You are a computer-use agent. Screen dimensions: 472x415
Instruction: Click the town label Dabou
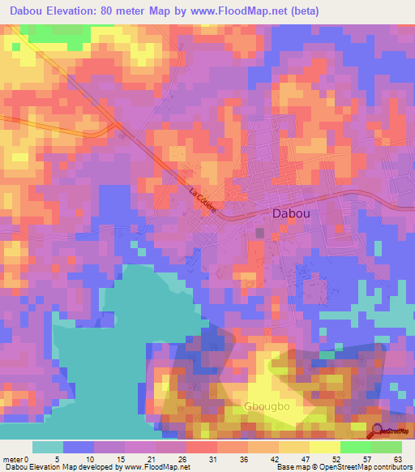click(289, 213)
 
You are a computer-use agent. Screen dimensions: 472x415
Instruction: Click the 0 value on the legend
click(33, 458)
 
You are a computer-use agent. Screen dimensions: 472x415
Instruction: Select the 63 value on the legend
click(398, 458)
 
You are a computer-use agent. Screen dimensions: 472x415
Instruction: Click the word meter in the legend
click(14, 458)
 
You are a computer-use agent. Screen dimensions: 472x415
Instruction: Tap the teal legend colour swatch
click(48, 447)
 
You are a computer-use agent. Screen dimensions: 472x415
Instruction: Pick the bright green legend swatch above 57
click(355, 447)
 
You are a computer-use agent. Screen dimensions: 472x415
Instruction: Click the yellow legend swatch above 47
click(293, 447)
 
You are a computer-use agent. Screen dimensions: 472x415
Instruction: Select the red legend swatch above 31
click(201, 447)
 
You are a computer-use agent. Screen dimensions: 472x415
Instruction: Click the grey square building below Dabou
click(259, 233)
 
